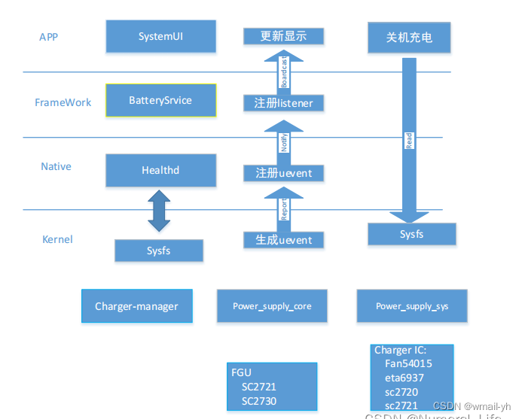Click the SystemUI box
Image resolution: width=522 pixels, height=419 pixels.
pyautogui.click(x=160, y=36)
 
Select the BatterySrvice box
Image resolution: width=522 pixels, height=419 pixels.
pyautogui.click(x=160, y=100)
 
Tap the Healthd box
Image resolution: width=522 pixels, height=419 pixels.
pyautogui.click(x=160, y=170)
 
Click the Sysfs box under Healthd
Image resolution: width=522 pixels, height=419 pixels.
pyautogui.click(x=159, y=250)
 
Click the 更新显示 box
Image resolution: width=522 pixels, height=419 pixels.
pyautogui.click(x=284, y=36)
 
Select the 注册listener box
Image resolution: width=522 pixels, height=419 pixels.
pyautogui.click(x=284, y=102)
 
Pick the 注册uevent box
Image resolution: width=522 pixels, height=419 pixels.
pyautogui.click(x=284, y=173)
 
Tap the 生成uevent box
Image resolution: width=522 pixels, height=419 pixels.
pyautogui.click(x=284, y=240)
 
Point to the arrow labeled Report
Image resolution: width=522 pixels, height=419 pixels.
pyautogui.click(x=284, y=209)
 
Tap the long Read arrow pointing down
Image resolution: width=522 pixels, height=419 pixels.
pyautogui.click(x=409, y=139)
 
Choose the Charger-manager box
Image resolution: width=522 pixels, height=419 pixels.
pyautogui.click(x=136, y=306)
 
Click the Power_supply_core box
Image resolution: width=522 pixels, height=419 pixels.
pyautogui.click(x=272, y=306)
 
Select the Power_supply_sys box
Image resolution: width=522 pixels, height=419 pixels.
pyautogui.click(x=412, y=306)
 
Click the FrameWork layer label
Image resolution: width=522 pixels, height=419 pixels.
pyautogui.click(x=63, y=102)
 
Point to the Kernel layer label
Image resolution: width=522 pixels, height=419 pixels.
pyautogui.click(x=57, y=239)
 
